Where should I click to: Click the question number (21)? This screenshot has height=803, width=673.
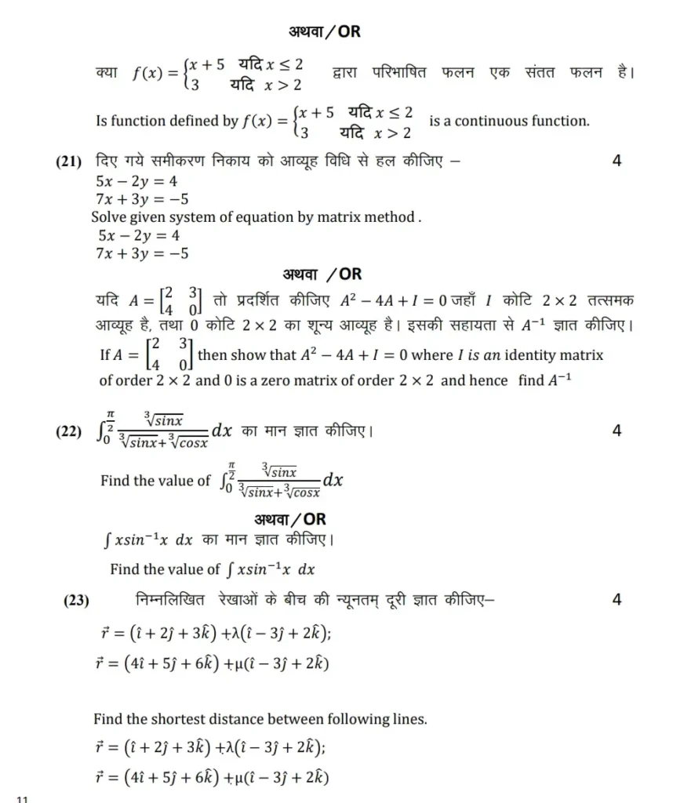click(69, 162)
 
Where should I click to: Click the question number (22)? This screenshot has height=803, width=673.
click(69, 431)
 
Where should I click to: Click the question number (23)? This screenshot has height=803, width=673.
click(76, 601)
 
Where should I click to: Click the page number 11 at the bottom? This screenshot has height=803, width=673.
click(21, 799)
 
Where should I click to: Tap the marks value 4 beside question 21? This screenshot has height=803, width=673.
click(617, 162)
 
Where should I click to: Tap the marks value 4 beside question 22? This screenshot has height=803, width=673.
click(617, 431)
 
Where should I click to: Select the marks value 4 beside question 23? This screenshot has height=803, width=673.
click(617, 600)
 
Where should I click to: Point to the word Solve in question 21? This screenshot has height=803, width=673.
click(110, 217)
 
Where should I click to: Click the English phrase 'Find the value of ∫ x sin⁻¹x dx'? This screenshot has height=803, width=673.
click(212, 569)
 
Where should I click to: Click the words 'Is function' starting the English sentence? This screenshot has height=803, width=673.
click(128, 121)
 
